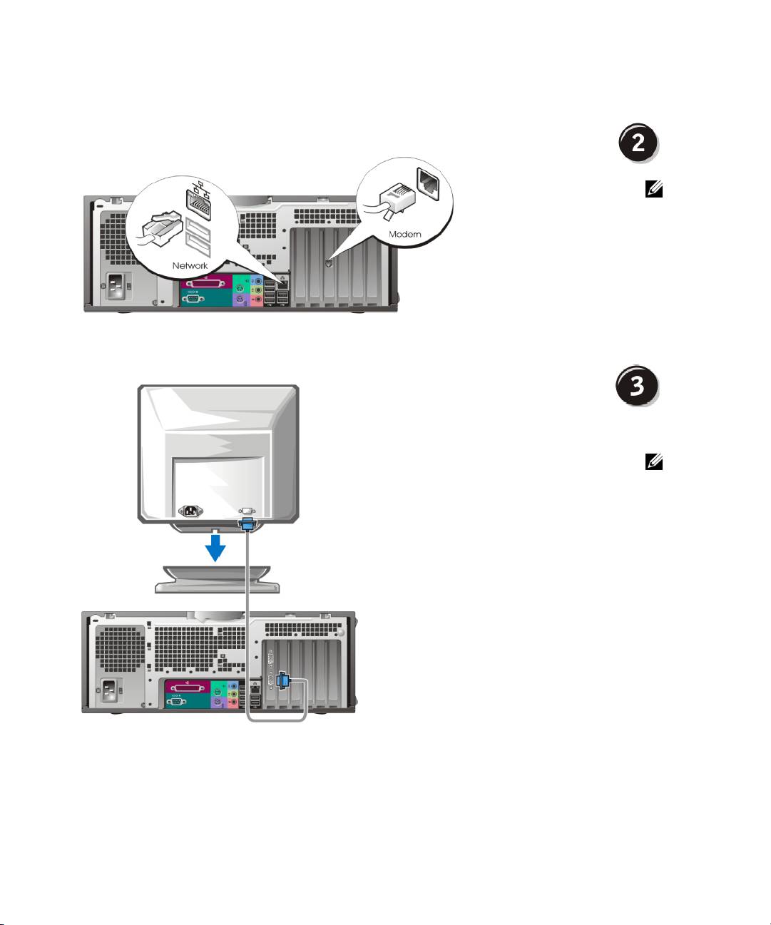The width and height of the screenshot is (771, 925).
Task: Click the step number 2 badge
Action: pyautogui.click(x=637, y=143)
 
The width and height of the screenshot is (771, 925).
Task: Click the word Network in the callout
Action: pyautogui.click(x=190, y=266)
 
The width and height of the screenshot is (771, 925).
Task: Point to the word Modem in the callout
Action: pyautogui.click(x=404, y=234)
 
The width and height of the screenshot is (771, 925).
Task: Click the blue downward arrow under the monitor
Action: pyautogui.click(x=215, y=547)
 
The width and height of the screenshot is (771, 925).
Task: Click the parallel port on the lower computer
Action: pyautogui.click(x=191, y=689)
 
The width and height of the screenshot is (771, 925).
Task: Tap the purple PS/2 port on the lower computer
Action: pyautogui.click(x=219, y=702)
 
